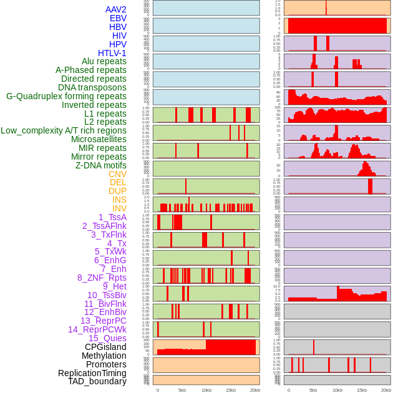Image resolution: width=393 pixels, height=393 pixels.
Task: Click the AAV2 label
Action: click(x=115, y=9)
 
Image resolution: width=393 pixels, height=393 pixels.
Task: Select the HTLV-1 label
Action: click(x=112, y=53)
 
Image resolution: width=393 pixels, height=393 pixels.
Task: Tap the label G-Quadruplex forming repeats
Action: click(x=66, y=96)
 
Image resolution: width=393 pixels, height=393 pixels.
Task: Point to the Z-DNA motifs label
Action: click(x=100, y=165)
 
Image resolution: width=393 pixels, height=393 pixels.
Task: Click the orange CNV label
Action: click(x=117, y=174)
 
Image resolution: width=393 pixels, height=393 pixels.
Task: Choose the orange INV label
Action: click(x=119, y=208)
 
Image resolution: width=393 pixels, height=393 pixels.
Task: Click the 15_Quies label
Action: click(x=107, y=338)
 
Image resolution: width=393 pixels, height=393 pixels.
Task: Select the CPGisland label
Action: click(x=105, y=347)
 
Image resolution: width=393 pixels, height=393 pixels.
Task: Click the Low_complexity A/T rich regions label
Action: click(x=64, y=130)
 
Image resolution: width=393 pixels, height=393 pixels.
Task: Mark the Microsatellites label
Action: click(x=99, y=139)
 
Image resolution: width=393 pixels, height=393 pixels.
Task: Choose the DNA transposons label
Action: click(x=92, y=87)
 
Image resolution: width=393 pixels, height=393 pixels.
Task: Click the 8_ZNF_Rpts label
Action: click(x=102, y=278)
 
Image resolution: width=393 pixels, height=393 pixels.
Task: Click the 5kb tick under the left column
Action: click(x=182, y=390)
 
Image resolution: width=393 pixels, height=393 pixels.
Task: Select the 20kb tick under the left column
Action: click(x=255, y=390)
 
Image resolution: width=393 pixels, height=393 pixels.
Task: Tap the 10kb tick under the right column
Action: click(x=337, y=390)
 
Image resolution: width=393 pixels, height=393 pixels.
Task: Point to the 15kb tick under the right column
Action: click(x=362, y=390)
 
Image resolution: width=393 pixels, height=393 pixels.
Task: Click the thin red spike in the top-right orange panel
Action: click(x=326, y=7)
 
